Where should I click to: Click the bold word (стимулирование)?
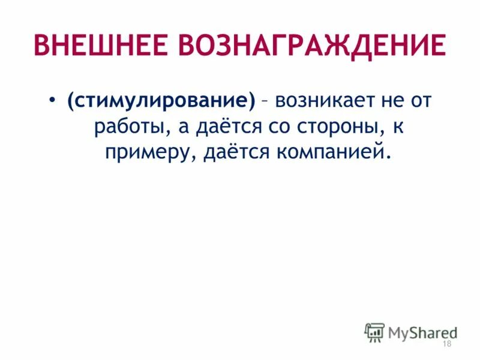(161, 101)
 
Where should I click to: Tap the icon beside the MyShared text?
(374, 332)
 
